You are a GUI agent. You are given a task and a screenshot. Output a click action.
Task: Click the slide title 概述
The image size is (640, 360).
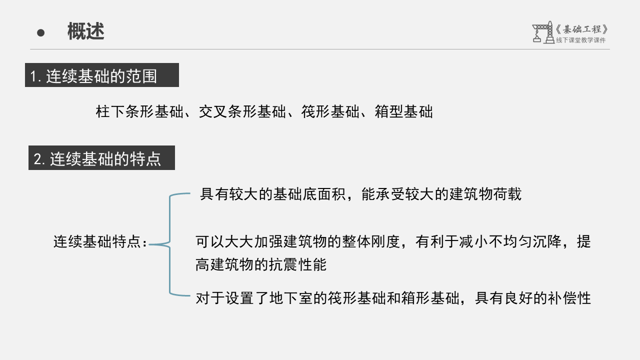[85, 32]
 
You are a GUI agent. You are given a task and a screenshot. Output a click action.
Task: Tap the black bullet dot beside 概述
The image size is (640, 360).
[41, 33]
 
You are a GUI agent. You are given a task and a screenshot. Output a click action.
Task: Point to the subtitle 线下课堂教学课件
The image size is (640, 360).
[580, 40]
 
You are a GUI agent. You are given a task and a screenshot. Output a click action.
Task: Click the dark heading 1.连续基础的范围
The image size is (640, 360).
[102, 75]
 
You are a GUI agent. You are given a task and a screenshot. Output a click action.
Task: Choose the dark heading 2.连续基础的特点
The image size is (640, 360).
[101, 158]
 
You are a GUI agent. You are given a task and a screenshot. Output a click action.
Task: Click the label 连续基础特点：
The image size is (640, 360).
[101, 242]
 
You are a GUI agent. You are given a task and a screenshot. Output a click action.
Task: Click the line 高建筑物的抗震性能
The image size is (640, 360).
[261, 265]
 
